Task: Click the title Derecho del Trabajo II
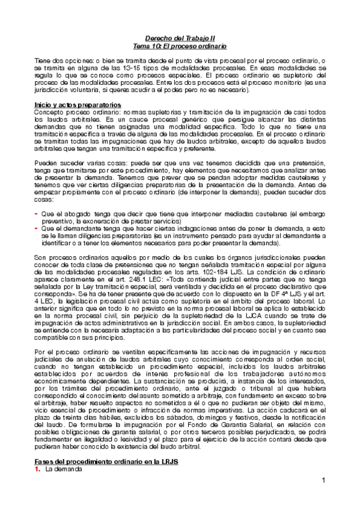coord(180,37)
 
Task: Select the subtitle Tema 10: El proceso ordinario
coord(180,46)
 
